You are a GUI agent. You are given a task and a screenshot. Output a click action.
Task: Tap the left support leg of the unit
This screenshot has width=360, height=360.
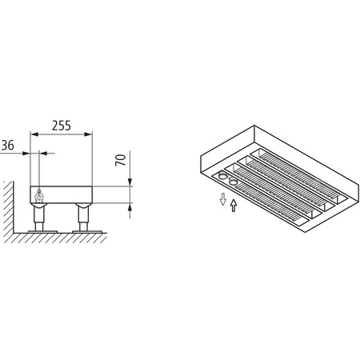point(38,216)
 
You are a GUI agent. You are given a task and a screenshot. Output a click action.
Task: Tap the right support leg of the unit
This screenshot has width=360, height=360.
point(83,216)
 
